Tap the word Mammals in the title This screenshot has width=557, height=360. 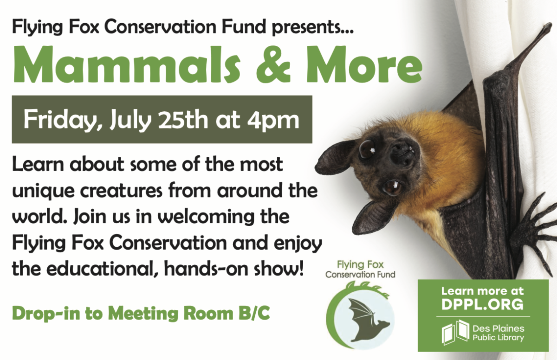(x=126, y=65)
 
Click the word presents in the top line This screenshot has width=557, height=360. (x=312, y=28)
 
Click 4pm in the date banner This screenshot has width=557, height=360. (x=273, y=121)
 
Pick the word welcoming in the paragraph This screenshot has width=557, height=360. (x=214, y=218)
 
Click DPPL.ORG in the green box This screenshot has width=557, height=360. (x=483, y=304)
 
